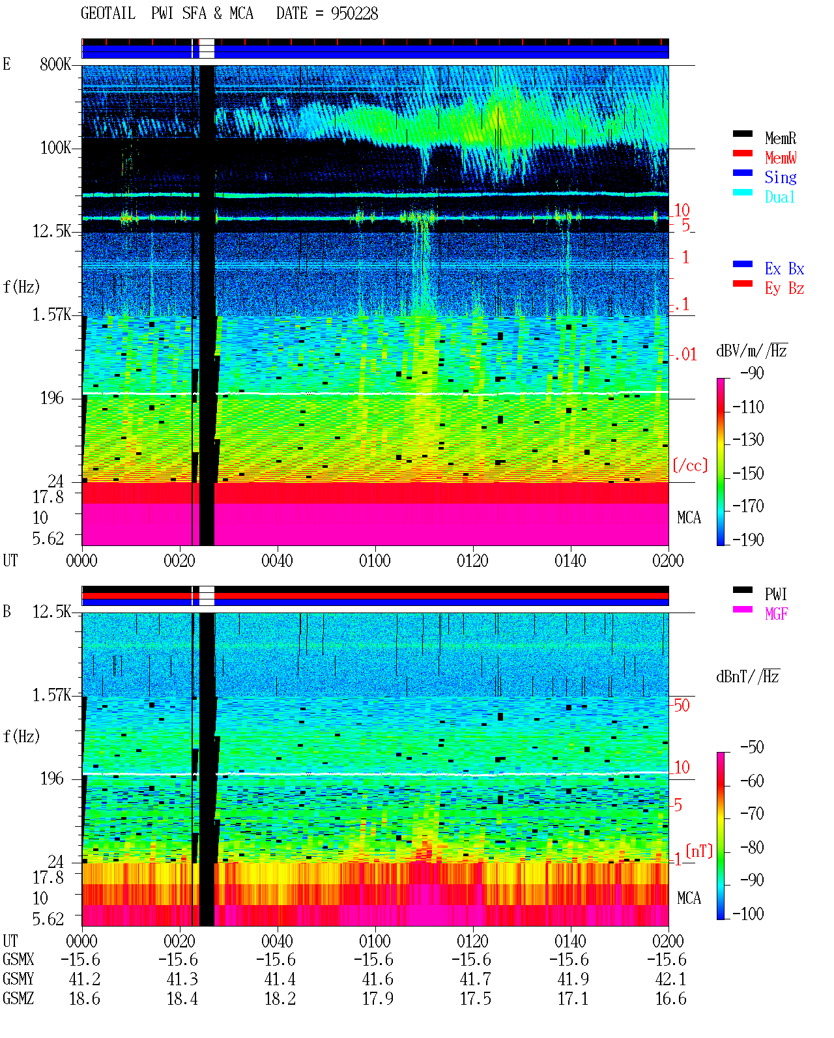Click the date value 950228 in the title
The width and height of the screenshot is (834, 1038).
coord(354,14)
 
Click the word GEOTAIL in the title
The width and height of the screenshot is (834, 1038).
coord(108,14)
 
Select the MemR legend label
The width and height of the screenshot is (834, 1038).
coord(780,138)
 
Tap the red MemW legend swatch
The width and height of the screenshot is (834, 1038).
coord(742,153)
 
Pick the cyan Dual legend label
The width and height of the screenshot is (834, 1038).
coord(779,197)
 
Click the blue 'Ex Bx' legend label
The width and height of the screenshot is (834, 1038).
coord(784,268)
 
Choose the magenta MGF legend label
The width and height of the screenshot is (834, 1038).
coord(776,614)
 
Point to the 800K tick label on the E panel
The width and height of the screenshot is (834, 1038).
coord(55,64)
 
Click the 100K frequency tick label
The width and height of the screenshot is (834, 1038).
coord(55,148)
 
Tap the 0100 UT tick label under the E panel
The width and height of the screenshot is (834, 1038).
coord(375,561)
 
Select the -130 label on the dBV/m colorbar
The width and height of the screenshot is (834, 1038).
coord(748,440)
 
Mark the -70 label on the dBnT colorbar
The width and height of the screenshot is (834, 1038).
coord(752,814)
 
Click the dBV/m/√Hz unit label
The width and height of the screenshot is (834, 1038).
coord(751,351)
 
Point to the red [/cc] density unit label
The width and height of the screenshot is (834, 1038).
coord(690,465)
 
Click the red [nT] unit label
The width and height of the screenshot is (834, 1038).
coord(699,851)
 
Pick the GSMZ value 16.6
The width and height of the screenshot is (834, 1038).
coord(670,998)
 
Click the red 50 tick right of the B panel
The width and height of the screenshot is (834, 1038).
coord(682,706)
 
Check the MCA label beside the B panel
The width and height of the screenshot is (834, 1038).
coord(689,898)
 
